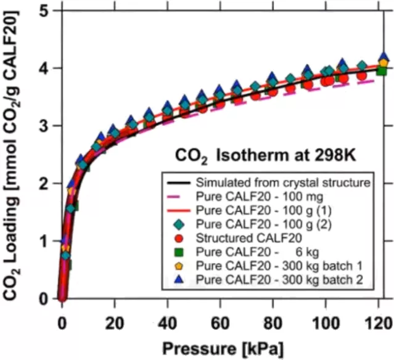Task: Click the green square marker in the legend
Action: click(178, 252)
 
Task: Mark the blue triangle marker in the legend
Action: click(178, 279)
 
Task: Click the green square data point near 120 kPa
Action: click(382, 70)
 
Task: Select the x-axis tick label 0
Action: click(62, 323)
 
